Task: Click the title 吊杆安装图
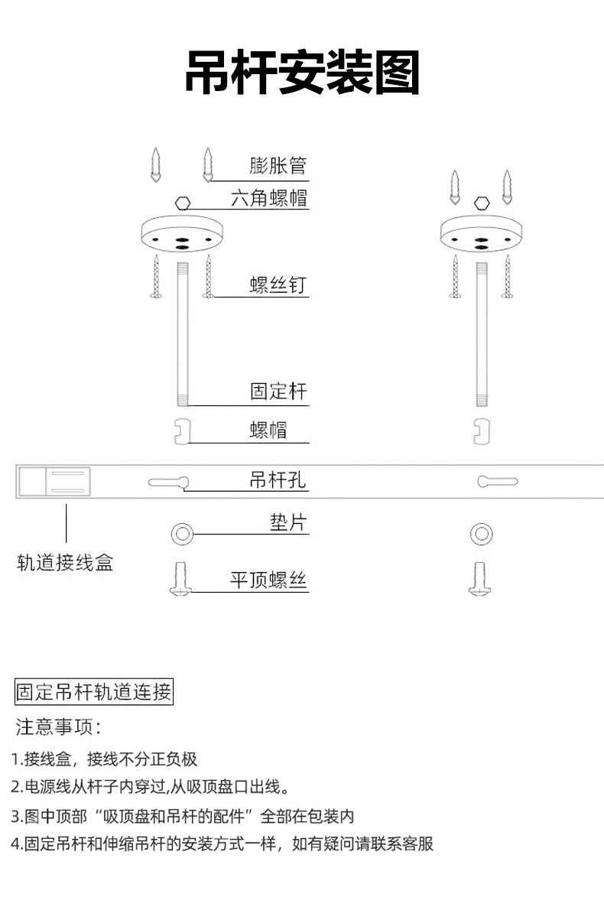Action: pos(302,73)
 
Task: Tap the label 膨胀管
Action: pos(278,165)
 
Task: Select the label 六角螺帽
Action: pos(268,198)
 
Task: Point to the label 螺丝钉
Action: pos(278,285)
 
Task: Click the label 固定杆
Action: pos(278,392)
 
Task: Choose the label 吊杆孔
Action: pos(278,480)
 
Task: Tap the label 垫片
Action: pos(287,522)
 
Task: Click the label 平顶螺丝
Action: pos(268,580)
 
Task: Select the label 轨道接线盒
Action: pos(65,562)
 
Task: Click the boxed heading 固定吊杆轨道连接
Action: pos(94,692)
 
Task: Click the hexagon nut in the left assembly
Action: pos(183,203)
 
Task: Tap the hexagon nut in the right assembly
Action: pos(482,203)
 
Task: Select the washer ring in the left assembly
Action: pos(175,534)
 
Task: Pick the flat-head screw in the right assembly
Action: pos(480,579)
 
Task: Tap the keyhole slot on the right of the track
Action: pos(497,481)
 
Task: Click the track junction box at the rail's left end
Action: pos(54,482)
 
